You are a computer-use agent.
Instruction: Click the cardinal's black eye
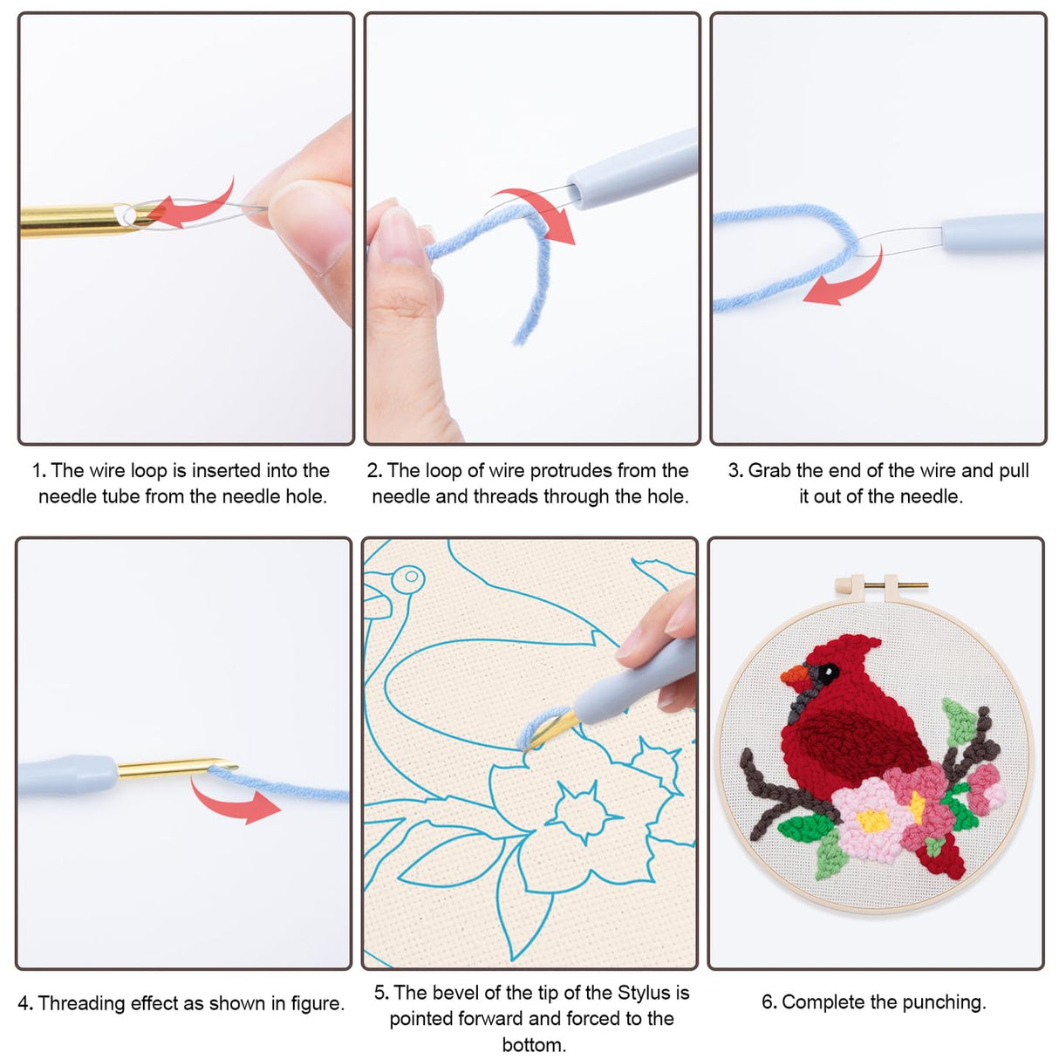[x=826, y=672]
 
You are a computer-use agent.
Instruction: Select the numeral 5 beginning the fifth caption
[x=380, y=993]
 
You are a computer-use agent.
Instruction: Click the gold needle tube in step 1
[x=70, y=220]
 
